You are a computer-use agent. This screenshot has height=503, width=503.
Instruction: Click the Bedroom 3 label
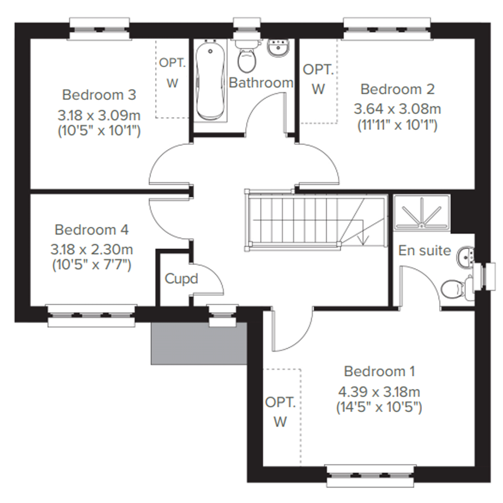click(x=99, y=95)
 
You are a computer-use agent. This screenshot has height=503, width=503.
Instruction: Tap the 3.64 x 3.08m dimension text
click(x=397, y=109)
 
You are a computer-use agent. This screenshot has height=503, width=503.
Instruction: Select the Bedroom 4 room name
click(x=92, y=230)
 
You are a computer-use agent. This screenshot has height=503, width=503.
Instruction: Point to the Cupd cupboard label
click(x=181, y=279)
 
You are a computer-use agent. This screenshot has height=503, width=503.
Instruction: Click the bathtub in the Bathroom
click(x=210, y=81)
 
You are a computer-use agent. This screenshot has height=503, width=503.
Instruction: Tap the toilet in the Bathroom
click(x=247, y=56)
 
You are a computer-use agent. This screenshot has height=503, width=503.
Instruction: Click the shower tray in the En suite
click(x=422, y=213)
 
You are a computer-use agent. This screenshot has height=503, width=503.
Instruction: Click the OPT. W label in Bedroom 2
click(x=318, y=79)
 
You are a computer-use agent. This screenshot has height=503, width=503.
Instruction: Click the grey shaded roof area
click(x=199, y=344)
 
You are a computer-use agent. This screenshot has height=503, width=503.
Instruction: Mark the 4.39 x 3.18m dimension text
click(x=379, y=392)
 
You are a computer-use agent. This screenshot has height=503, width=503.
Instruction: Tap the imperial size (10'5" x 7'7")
click(x=92, y=265)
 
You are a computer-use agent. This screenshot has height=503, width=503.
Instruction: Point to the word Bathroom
click(x=261, y=83)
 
